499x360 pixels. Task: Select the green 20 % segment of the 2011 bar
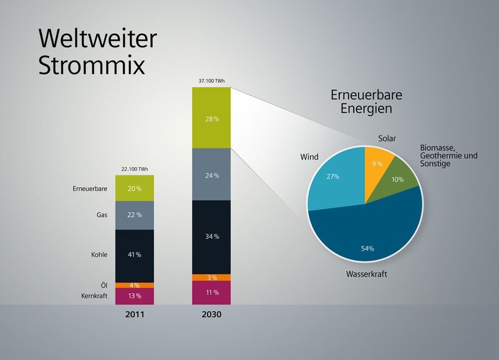[134, 188]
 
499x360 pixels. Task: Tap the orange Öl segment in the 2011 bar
[134, 285]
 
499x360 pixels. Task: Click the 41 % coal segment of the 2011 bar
[134, 255]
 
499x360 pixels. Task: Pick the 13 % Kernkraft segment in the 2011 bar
[134, 296]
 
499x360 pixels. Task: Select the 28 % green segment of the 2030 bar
[211, 118]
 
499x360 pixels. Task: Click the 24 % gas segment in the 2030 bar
[211, 175]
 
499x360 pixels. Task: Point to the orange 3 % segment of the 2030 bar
[211, 277]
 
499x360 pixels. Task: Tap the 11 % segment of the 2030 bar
[211, 292]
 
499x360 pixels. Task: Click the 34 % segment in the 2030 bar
[211, 236]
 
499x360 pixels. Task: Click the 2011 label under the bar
[134, 314]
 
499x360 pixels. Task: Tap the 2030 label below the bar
[211, 314]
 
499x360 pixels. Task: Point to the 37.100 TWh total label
[211, 81]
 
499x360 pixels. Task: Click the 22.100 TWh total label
[134, 169]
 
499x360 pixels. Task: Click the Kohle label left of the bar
[98, 255]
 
